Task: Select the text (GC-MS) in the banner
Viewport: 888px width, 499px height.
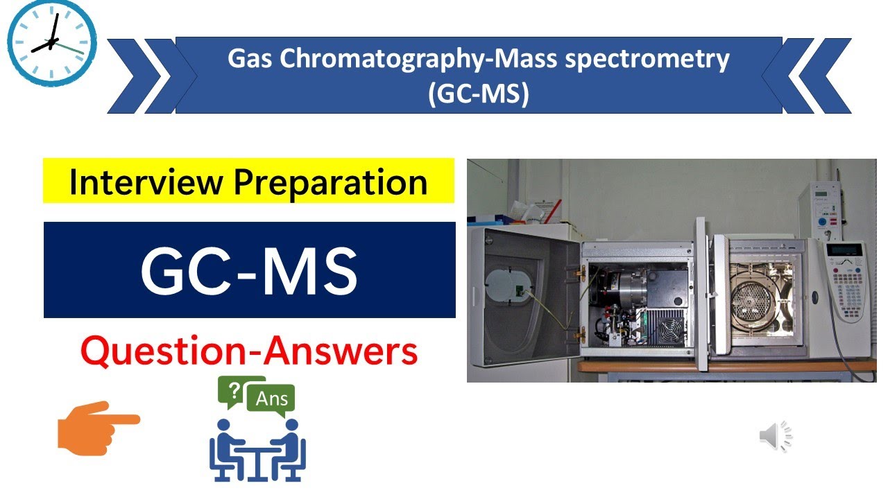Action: pos(479,94)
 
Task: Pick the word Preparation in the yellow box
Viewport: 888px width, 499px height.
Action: pos(330,183)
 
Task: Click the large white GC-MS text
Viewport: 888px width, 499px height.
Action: pos(249,270)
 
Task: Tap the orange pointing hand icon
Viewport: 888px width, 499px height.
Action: pos(98,426)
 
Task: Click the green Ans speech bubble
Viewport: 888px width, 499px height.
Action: pos(272,399)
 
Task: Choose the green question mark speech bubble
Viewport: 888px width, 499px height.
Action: pos(236,392)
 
